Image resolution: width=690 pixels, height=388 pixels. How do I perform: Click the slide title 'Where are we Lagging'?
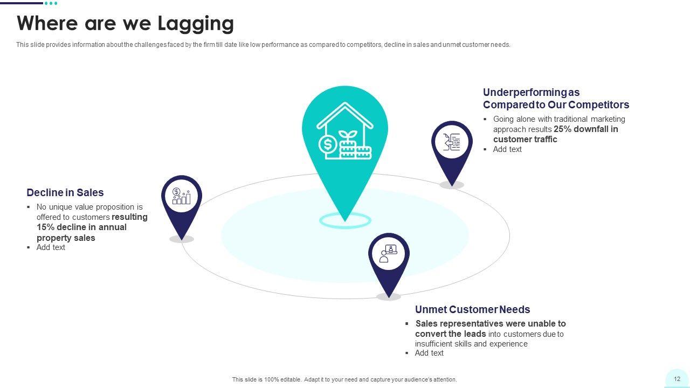tap(125, 24)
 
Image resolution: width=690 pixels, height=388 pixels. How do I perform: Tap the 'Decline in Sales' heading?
tap(65, 192)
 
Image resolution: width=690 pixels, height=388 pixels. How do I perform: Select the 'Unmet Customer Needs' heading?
tap(472, 309)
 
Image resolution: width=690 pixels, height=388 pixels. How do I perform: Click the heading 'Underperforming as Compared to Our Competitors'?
tap(555, 99)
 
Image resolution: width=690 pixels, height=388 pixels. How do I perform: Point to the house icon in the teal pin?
tap(344, 131)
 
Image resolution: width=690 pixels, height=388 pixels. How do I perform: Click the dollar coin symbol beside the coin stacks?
tap(327, 144)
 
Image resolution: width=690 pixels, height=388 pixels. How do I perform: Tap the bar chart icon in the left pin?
tap(181, 196)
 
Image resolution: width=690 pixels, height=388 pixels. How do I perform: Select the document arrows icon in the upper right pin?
tap(452, 142)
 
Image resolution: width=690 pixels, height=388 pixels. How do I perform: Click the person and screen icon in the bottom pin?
tap(389, 254)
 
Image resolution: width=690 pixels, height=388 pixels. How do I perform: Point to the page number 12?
tap(677, 379)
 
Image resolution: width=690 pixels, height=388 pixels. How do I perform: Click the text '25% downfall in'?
tap(586, 129)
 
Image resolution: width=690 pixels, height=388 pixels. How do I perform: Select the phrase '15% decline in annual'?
tap(81, 227)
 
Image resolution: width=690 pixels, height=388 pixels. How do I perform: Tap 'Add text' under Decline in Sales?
tap(51, 247)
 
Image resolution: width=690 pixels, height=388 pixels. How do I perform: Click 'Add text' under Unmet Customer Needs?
tap(429, 353)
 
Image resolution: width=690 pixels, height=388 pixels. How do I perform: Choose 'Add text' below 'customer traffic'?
tap(507, 149)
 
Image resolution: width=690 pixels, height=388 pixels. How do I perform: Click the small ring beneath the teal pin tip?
tap(345, 220)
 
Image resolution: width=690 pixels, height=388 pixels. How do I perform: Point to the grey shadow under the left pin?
tap(182, 239)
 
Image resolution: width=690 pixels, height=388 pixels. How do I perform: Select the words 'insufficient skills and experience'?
tap(471, 344)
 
